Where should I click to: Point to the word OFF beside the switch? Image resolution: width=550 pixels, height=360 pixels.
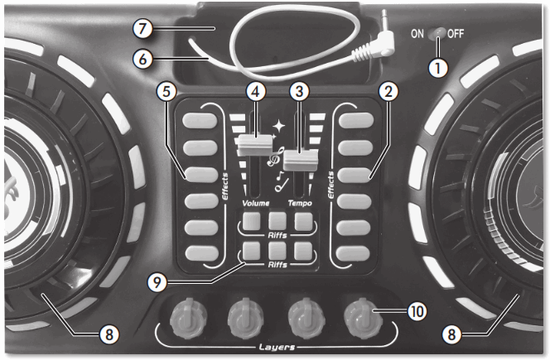[x=456, y=35]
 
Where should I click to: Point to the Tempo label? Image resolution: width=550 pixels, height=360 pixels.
[x=303, y=201]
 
